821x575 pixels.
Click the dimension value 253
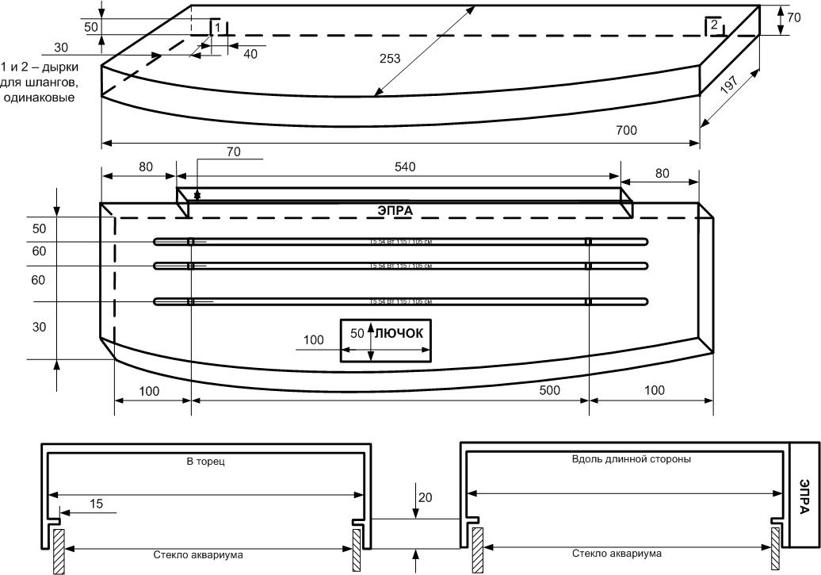(x=389, y=58)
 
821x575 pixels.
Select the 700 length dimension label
(x=625, y=130)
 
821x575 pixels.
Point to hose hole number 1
(x=215, y=27)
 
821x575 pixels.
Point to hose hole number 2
(x=714, y=26)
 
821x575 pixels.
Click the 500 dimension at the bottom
(x=548, y=390)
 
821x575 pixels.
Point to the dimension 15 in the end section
(x=95, y=503)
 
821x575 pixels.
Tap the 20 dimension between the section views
(x=425, y=497)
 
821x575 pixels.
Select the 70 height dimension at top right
(x=784, y=13)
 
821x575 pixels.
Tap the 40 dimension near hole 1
(x=250, y=54)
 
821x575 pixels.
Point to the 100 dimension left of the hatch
(x=314, y=339)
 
